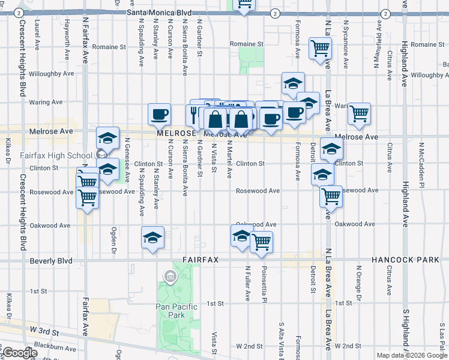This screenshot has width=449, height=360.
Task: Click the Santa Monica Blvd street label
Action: coord(159,12)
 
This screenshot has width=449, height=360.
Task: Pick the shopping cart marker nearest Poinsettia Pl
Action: coord(261,242)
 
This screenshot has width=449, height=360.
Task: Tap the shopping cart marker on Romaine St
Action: coord(320,47)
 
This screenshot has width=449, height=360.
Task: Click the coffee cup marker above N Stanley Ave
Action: coord(160,113)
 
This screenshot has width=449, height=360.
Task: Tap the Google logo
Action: coord(20,353)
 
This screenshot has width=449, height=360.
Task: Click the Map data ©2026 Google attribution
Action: coord(411,355)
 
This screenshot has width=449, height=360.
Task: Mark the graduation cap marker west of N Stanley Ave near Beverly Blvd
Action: coord(152,237)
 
